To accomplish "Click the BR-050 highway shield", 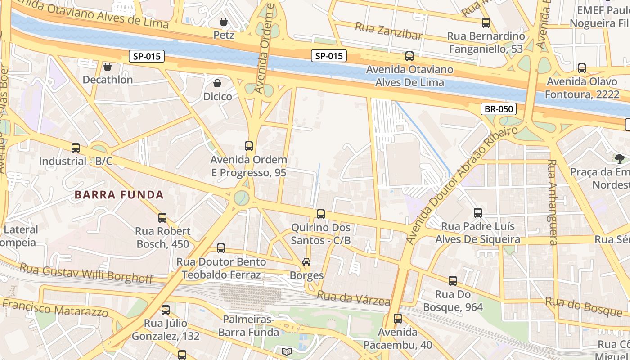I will click(498, 109).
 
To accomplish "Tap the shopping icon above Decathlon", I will click(108, 67).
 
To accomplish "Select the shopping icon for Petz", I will click(223, 22).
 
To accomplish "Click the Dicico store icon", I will click(217, 83).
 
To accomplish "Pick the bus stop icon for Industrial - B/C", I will click(76, 148).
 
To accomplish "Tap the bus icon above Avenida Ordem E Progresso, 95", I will click(248, 146).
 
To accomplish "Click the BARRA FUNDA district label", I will click(119, 195).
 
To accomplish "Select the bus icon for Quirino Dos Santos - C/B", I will click(320, 214).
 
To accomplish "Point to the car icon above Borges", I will click(306, 262).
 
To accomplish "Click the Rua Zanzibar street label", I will click(389, 31).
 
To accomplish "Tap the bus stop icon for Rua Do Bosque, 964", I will click(453, 281).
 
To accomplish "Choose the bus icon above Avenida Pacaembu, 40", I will click(398, 319).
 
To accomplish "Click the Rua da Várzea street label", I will click(353, 298).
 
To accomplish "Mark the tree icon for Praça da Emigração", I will click(620, 158).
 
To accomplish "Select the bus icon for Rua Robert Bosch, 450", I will click(162, 218).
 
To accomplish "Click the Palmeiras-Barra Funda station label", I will click(249, 326).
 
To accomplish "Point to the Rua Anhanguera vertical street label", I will click(552, 202).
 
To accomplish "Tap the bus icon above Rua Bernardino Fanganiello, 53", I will click(486, 23).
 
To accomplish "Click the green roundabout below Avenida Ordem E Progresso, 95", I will click(242, 197).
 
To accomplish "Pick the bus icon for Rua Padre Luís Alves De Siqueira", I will click(478, 213).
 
